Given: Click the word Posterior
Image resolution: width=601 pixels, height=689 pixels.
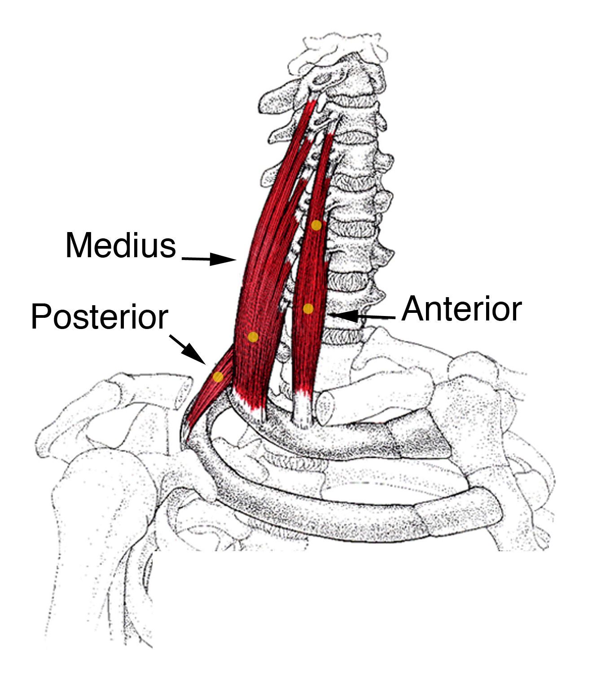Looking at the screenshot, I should [x=99, y=317].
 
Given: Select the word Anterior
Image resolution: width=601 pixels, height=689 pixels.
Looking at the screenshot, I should [x=461, y=309].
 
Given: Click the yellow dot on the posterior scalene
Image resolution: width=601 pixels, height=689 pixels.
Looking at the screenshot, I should [x=218, y=376].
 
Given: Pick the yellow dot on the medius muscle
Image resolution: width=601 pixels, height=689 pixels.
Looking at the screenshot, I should [x=253, y=337].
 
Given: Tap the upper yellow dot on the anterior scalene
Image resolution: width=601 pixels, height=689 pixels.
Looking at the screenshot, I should [x=316, y=225].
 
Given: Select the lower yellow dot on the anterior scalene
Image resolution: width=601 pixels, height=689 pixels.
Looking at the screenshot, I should [x=308, y=308].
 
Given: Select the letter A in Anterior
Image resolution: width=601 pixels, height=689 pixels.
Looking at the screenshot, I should [x=413, y=309].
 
